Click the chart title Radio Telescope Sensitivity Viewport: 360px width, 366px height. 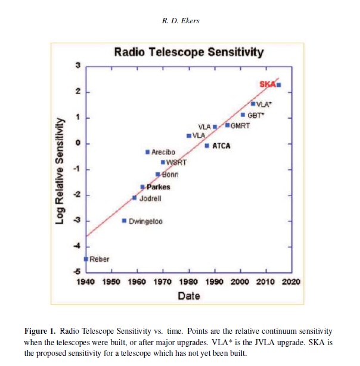189,52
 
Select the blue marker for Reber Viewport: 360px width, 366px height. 86,259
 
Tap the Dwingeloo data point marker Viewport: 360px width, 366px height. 124,221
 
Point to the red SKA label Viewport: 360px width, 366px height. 268,84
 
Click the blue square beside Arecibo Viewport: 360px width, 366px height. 148,152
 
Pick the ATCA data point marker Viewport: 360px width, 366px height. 207,146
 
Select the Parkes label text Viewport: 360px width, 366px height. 159,187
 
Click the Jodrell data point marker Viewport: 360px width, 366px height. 135,198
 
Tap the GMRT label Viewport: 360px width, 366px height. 240,126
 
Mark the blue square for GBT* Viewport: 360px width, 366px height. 243,115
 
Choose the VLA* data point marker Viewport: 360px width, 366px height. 253,104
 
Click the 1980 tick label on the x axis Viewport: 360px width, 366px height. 188,282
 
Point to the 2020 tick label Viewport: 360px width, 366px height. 291,282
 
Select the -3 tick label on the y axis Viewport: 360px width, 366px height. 77,221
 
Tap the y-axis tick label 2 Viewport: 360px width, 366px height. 77,92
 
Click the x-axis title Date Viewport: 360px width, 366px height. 189,296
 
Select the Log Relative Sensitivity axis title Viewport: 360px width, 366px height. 60,171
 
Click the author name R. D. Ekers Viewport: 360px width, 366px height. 181,21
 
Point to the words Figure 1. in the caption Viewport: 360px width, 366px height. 40,331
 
